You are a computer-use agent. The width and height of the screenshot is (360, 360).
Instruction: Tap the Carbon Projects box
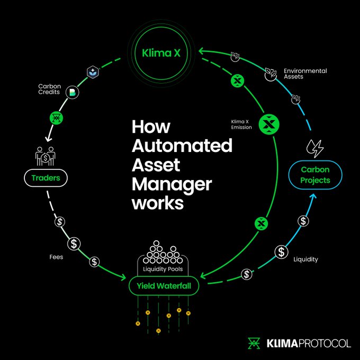coord(316,175)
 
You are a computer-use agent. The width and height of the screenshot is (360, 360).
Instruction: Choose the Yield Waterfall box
coord(164,286)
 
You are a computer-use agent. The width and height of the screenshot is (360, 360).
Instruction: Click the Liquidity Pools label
coord(164,269)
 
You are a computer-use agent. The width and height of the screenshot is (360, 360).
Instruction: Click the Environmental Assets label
coord(305,74)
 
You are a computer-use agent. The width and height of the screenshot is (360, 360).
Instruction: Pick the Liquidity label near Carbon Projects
coord(307,259)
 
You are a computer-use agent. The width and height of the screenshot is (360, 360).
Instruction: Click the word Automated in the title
coord(182,146)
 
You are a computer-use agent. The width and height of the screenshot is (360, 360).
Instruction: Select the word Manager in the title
coord(172,185)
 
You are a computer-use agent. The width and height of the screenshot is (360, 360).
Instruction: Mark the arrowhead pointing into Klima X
coord(202,51)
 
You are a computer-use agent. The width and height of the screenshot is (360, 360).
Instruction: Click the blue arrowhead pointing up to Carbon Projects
coord(314,197)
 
